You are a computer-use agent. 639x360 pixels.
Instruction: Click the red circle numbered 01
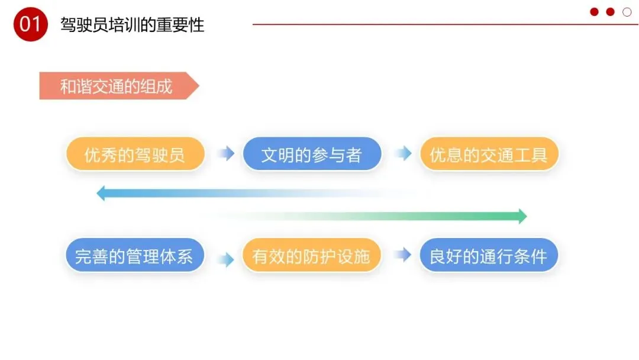point(30,25)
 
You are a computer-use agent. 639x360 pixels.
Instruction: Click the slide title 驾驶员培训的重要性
point(132,25)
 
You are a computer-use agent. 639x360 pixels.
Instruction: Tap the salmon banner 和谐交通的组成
point(116,86)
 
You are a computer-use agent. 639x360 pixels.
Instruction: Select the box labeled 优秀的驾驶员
point(135,155)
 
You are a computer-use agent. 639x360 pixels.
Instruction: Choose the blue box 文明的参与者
point(312,155)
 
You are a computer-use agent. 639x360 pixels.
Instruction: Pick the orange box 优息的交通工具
point(489,155)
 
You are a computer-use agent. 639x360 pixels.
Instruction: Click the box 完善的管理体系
point(134,256)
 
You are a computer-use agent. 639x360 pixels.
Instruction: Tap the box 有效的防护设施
point(312,256)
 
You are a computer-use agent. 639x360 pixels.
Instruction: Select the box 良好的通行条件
point(489,256)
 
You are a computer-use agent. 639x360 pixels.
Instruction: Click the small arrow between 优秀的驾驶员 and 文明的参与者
point(225,154)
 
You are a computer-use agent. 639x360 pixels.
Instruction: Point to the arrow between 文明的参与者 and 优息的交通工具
point(403,154)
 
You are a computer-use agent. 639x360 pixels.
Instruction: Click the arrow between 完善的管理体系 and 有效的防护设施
point(225,259)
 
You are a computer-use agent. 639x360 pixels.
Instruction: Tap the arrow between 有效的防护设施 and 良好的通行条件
point(403,255)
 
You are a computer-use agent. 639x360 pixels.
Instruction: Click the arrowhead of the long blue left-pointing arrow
point(101,193)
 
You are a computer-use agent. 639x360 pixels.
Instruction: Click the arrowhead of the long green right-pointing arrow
point(522,216)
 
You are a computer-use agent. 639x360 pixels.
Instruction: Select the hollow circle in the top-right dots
point(627,12)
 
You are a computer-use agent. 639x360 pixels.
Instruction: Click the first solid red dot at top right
point(594,12)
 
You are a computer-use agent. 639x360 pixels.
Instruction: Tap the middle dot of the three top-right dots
point(610,12)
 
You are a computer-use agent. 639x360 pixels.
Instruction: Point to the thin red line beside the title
point(414,24)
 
